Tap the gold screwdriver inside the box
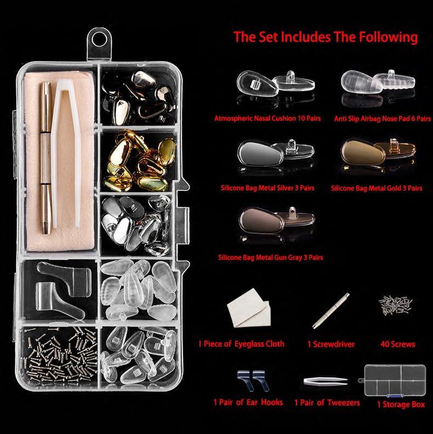[45, 159]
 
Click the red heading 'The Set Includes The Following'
[325, 37]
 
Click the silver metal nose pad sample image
[268, 155]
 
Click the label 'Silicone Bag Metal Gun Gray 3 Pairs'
[270, 257]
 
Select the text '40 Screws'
[397, 345]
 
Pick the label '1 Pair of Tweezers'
[327, 403]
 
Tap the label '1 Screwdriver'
[331, 345]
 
